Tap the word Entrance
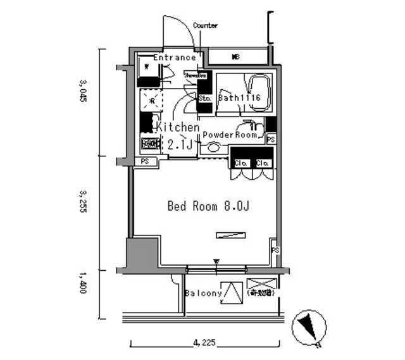click(x=174, y=58)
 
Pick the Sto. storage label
click(x=204, y=99)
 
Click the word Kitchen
click(x=178, y=127)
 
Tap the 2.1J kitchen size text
click(x=182, y=144)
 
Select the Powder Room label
click(x=230, y=135)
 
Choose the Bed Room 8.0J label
click(x=203, y=206)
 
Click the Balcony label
click(x=203, y=294)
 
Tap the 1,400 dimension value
click(x=83, y=283)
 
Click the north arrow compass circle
click(x=310, y=328)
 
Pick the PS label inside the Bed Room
click(x=275, y=251)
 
